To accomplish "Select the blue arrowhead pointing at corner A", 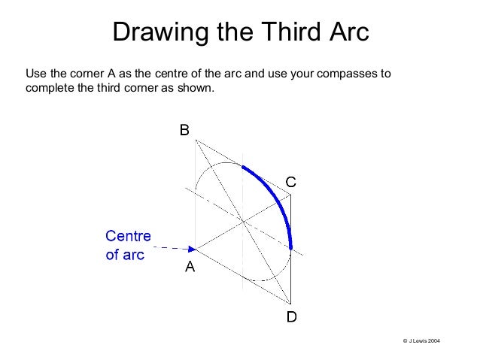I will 192,247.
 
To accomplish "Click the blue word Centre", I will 127,236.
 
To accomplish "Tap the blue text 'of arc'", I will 123,253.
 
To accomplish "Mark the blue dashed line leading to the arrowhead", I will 169,247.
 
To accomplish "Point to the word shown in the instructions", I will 199,89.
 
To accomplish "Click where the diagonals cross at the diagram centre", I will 243,220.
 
